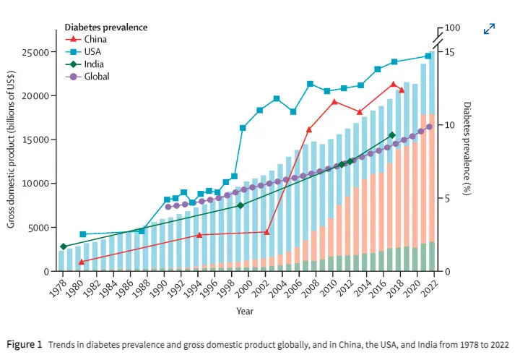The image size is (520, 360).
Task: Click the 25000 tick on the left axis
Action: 34,53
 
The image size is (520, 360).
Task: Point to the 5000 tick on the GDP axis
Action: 37,228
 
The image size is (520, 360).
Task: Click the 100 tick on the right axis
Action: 453,28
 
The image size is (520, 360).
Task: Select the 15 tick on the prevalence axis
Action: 450,52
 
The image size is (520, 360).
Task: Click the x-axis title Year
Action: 245,311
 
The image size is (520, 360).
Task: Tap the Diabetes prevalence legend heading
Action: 106,27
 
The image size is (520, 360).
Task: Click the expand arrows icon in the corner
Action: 489,29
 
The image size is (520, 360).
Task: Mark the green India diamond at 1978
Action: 64,247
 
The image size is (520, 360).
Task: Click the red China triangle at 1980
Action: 81,261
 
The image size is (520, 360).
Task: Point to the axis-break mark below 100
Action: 438,35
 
